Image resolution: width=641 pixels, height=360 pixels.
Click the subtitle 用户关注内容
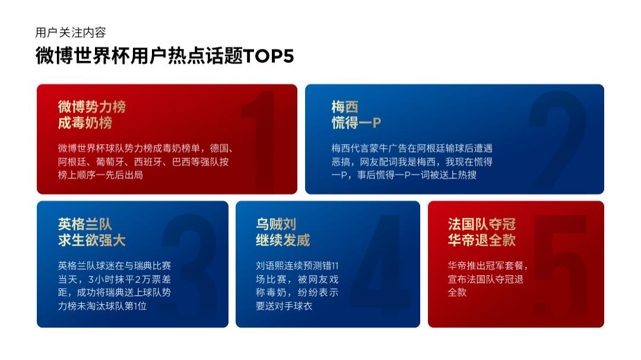pyautogui.click(x=71, y=33)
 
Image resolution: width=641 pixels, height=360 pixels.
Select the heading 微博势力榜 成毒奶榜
pyautogui.click(x=91, y=115)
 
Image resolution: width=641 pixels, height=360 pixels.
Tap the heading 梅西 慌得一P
pyautogui.click(x=356, y=115)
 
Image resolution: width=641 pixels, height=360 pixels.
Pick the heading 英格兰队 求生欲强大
pyautogui.click(x=91, y=232)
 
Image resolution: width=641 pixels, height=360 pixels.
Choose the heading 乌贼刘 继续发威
pyautogui.click(x=283, y=232)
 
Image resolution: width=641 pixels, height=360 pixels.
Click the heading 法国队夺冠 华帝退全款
pyautogui.click(x=481, y=232)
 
